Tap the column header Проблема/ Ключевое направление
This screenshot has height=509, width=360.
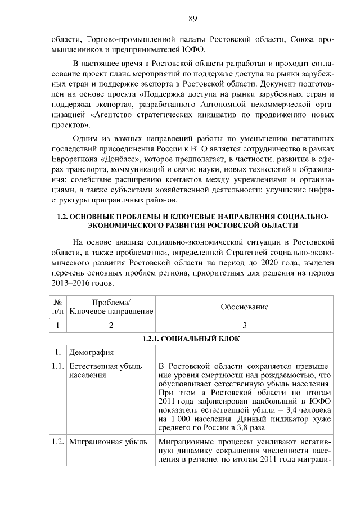click(111, 307)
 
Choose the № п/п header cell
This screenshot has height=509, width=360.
click(57, 307)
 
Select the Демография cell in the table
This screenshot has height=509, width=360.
click(92, 353)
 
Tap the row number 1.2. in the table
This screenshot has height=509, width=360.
click(57, 442)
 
